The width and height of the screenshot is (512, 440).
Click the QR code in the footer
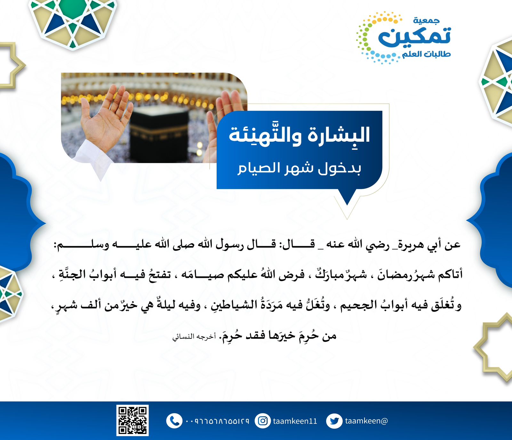click(x=132, y=420)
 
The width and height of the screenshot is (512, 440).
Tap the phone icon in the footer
click(x=174, y=421)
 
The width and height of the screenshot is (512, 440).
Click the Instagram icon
click(x=263, y=421)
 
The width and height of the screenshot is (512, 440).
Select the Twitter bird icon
click(x=334, y=421)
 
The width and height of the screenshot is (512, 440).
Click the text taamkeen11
click(x=295, y=421)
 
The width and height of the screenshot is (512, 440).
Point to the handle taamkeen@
click(x=366, y=421)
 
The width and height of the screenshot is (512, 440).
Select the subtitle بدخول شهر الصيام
click(x=299, y=168)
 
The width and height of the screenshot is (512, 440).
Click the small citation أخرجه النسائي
click(x=194, y=337)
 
